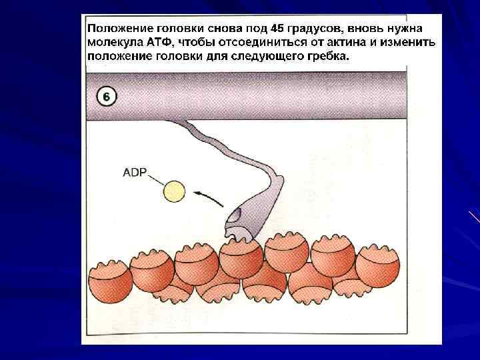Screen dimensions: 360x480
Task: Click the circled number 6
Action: point(107,96)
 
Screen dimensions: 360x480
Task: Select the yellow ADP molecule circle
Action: point(175,191)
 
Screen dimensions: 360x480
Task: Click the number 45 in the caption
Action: point(279,29)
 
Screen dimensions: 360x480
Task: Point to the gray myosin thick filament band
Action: point(267,93)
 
